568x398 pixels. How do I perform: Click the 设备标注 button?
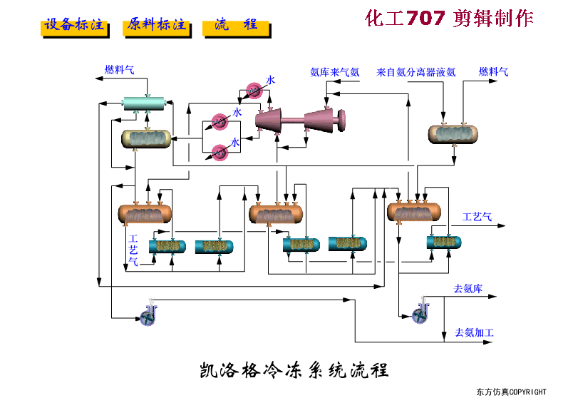(x=74, y=26)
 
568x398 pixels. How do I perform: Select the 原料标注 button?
(x=157, y=26)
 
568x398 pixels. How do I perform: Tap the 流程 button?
(x=235, y=26)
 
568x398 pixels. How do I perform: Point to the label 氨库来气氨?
(x=334, y=72)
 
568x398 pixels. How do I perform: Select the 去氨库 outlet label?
(x=468, y=289)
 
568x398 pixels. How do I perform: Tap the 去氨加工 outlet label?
(x=473, y=333)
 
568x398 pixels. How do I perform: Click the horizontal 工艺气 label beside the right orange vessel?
(x=477, y=217)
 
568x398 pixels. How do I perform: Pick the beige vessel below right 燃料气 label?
(x=453, y=133)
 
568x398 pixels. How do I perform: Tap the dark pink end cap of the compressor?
(x=341, y=120)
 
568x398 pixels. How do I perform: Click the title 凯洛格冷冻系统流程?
(x=293, y=371)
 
